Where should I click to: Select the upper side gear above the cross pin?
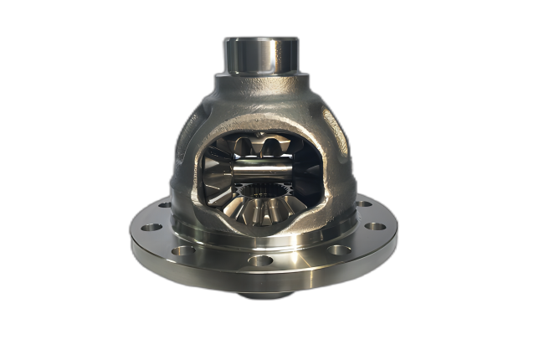261,149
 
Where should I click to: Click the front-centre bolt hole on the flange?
260,260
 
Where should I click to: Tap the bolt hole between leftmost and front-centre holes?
183,249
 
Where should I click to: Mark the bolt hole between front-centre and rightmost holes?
338,249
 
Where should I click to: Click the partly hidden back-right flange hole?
361,203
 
